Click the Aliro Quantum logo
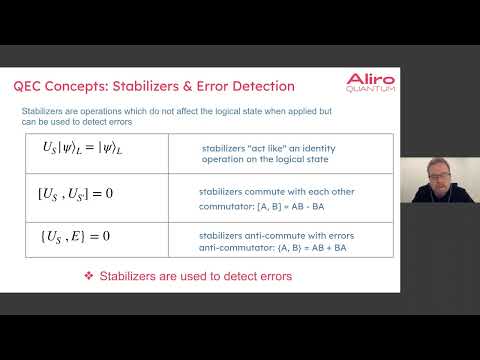[x=370, y=82]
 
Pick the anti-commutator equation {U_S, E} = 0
[x=72, y=235]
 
